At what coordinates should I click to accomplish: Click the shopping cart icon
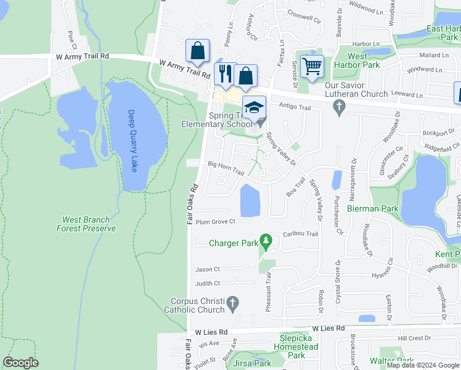[312, 66]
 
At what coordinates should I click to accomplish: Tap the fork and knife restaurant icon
[224, 75]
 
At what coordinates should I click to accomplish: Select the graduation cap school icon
[253, 108]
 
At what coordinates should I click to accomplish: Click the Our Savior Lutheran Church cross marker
[338, 107]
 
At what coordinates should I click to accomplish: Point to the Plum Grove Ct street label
[216, 222]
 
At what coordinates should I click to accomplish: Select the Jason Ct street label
[207, 269]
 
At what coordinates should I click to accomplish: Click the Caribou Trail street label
[300, 234]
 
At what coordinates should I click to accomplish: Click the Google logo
[20, 363]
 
